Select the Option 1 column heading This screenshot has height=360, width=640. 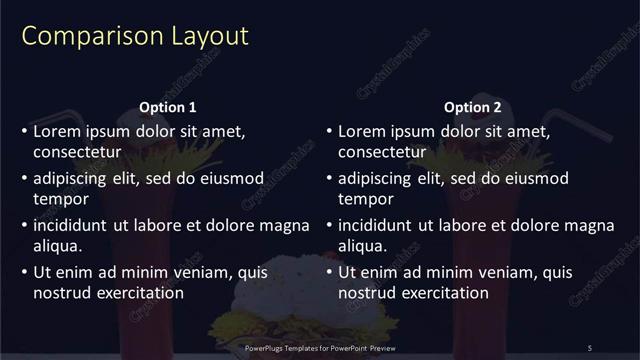coord(166,107)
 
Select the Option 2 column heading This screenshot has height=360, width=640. coord(473,107)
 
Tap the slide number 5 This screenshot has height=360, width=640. coord(589,347)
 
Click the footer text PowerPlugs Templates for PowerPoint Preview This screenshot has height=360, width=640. coord(320,347)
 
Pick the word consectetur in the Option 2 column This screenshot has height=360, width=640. coord(383,153)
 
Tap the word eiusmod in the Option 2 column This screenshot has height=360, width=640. coord(536,178)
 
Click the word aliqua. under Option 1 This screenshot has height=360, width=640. coord(58,246)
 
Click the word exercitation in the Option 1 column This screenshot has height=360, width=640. coord(138,293)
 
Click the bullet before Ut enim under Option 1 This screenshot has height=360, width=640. coord(25,272)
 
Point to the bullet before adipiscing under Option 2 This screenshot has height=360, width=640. coord(330,178)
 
